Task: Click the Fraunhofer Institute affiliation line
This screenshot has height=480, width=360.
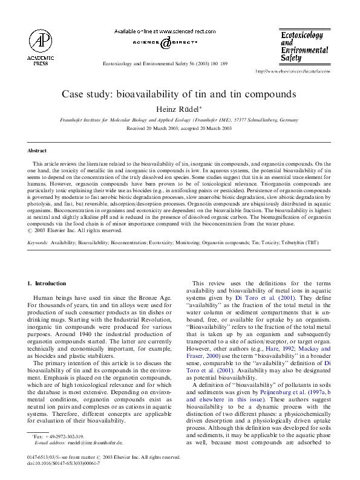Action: coord(180,121)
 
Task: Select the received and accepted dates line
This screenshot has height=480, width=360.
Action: coord(180,129)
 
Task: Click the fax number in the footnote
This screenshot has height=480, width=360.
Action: coord(59,436)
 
